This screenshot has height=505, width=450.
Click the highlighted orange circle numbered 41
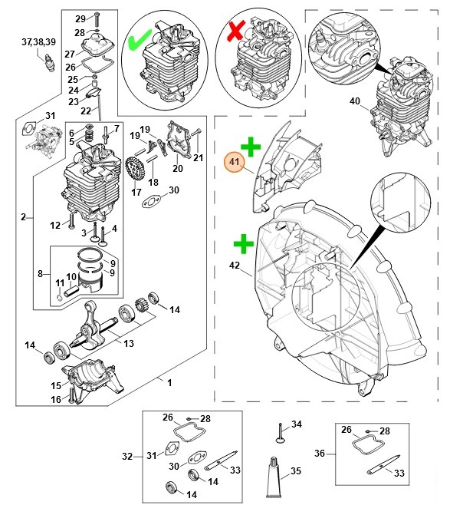234,162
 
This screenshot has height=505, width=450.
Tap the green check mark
140,40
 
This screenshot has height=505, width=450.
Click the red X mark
236,31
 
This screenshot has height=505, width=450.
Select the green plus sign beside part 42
244,243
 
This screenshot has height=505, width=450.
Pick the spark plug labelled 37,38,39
49,62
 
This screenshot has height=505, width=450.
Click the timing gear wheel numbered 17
134,169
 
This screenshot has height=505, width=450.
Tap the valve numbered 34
280,433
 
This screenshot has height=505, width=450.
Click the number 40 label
355,101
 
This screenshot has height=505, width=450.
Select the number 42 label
235,265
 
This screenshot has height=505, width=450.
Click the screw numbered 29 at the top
97,20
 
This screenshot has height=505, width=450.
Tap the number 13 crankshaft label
129,343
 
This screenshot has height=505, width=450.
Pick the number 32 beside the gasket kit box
127,457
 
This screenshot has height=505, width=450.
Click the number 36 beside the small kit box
320,453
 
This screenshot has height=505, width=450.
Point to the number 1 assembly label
169,383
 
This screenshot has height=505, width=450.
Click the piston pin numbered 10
72,291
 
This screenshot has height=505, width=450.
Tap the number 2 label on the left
23,216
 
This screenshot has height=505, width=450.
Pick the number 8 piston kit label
40,274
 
